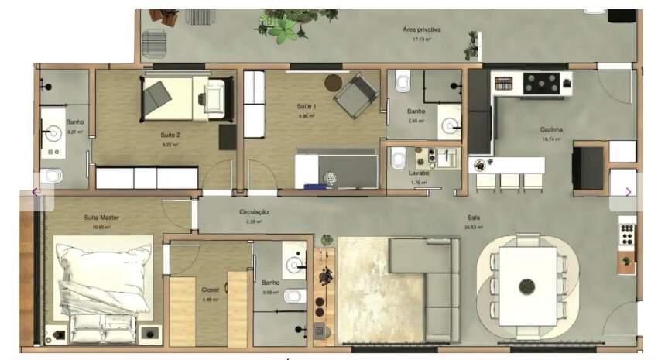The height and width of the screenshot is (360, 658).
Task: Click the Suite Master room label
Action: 101,218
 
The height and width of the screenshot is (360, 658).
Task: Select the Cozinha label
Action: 551,129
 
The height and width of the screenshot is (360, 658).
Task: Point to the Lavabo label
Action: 420,173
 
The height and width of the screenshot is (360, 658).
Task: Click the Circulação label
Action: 255,211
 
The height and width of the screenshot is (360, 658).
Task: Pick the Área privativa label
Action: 421,29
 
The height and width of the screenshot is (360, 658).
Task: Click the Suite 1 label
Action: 307,105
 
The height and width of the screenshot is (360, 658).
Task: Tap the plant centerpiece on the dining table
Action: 527,285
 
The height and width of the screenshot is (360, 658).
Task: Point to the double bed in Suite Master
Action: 103,283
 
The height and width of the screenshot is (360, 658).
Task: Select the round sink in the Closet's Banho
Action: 295,266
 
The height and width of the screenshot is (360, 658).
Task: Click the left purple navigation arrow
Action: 35,191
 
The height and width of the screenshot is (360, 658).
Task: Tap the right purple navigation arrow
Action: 628,191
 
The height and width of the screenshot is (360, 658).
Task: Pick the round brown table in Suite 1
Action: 333,81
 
